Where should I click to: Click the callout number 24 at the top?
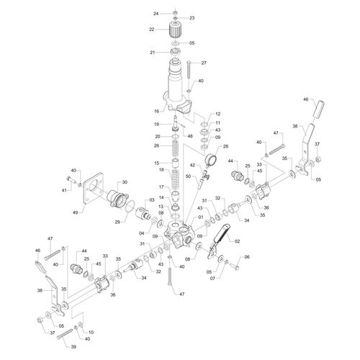pos(156,14)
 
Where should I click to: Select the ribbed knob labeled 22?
pos(175,30)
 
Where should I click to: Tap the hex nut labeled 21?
pos(175,52)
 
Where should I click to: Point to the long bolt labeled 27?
pos(189,70)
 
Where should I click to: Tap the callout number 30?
pos(125,182)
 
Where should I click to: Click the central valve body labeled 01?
pos(178,235)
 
